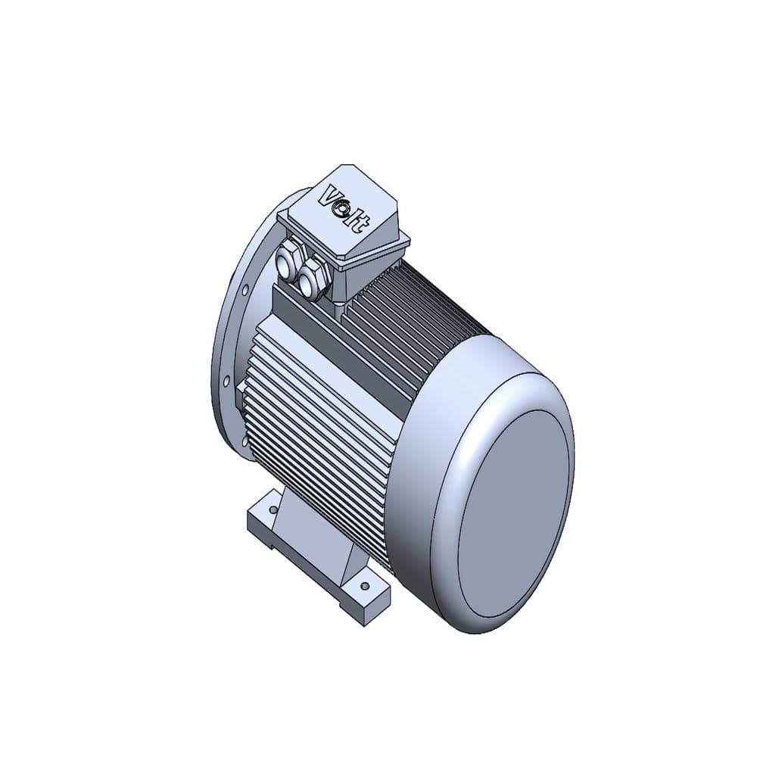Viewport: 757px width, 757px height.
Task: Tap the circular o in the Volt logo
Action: pos(344,209)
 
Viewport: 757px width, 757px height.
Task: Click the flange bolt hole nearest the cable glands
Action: pos(245,290)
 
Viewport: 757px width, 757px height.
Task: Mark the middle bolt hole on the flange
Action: pos(225,381)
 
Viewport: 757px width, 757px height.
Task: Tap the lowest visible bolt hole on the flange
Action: pos(245,441)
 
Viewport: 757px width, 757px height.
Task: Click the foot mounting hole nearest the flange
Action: pos(274,509)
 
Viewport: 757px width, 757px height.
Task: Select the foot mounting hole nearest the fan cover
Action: pos(365,586)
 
